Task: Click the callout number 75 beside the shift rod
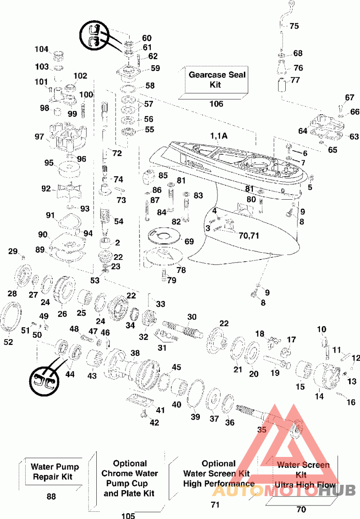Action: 294,26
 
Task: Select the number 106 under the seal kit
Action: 216,104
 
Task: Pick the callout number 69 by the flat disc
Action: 189,242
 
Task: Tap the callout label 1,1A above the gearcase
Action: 219,136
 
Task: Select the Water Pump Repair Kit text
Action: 54,472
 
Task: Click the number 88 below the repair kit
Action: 51,496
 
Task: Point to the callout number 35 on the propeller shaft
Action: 261,430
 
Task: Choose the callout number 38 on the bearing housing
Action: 135,353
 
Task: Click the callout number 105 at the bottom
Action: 128,515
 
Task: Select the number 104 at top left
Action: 41,49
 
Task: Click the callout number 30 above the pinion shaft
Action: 192,317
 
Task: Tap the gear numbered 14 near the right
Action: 325,378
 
